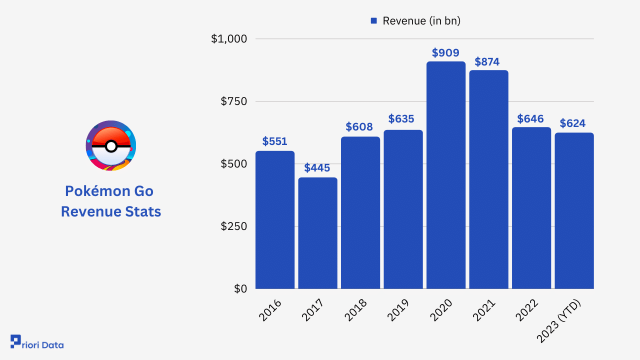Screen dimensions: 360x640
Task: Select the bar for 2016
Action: point(275,220)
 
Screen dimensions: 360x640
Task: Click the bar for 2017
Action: point(317,233)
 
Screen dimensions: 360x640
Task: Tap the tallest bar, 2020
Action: point(446,175)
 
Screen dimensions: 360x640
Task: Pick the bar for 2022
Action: point(531,208)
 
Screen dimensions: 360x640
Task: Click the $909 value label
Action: point(446,52)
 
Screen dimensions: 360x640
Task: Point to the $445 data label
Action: point(317,168)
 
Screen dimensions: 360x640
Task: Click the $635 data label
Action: point(403,119)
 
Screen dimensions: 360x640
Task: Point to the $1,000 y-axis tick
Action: point(229,39)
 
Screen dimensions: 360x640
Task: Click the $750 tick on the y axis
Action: point(234,101)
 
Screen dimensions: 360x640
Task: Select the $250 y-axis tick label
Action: point(234,226)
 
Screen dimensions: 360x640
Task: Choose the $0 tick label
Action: point(240,289)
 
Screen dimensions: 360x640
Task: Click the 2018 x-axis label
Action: point(356,310)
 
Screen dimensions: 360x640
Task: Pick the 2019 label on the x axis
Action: point(398,310)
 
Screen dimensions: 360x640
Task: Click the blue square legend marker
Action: point(373,21)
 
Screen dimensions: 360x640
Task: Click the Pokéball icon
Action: point(111,145)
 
